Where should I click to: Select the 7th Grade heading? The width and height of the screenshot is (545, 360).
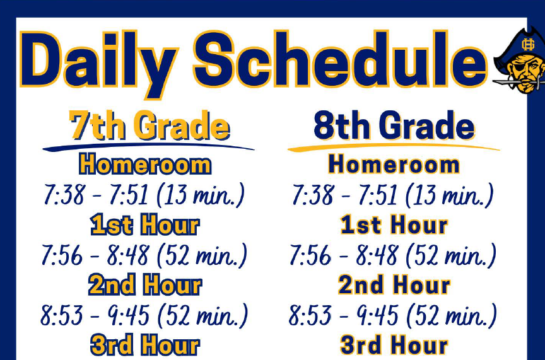coord(149,125)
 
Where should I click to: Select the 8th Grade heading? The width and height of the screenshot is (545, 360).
coord(394,125)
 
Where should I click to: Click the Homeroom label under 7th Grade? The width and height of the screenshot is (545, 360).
coord(145,165)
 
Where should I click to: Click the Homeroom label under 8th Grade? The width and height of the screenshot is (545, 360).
coord(394,165)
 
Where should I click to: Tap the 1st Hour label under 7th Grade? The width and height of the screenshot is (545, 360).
coord(145,225)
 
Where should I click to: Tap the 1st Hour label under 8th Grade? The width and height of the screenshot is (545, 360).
coord(394,225)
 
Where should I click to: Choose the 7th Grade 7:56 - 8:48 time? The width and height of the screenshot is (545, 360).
coord(96,255)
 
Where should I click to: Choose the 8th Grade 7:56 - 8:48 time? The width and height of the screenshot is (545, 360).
coord(344,255)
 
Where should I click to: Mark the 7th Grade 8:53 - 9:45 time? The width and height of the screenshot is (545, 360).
coord(95,315)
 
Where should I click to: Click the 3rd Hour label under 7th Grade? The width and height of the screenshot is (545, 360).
coord(145,345)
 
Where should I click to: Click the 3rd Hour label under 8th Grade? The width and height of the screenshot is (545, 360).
coord(394,345)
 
